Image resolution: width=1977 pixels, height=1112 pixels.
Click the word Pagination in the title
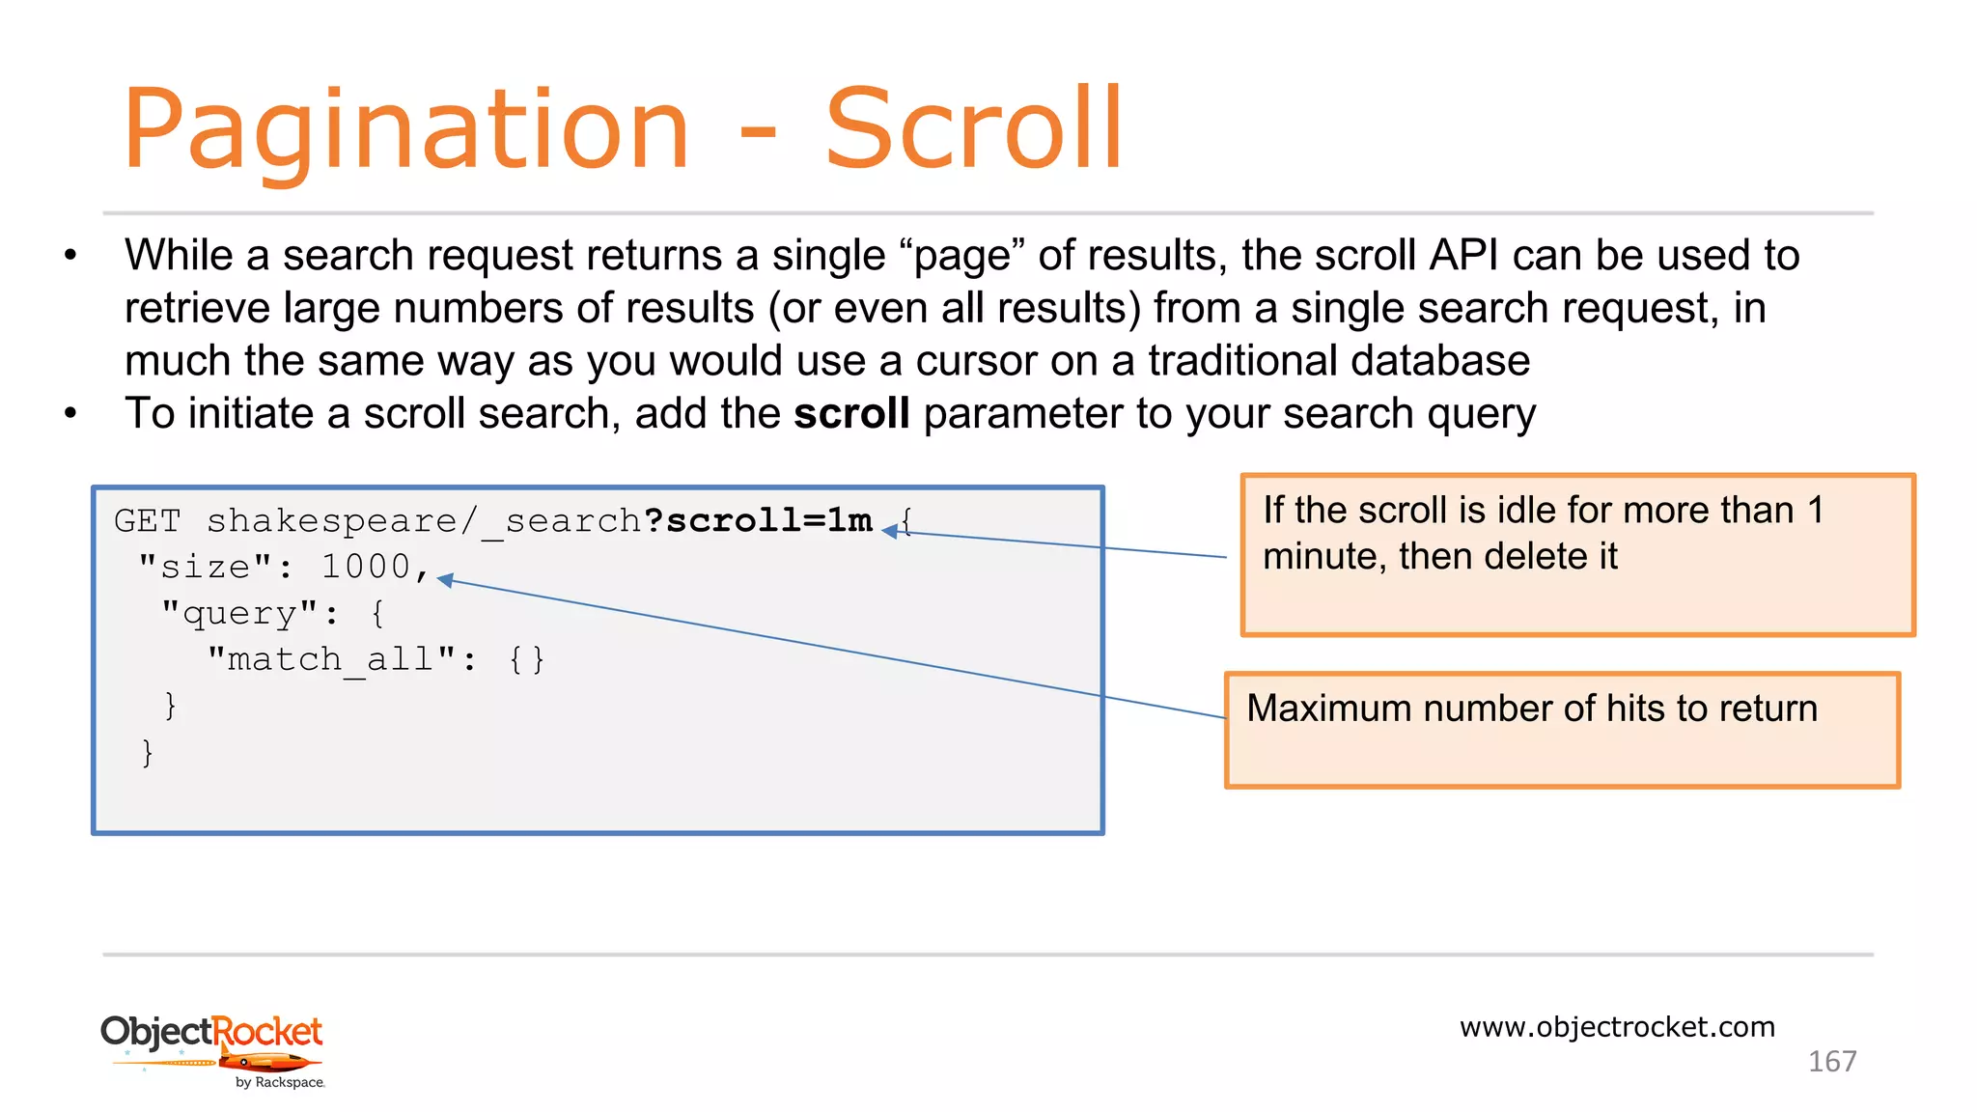[405, 130]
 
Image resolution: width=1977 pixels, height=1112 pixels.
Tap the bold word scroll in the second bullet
[851, 414]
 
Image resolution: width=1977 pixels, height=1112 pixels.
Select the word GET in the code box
[148, 521]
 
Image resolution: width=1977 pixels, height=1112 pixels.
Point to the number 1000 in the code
[366, 567]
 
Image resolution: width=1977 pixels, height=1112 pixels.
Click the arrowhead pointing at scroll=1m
[890, 530]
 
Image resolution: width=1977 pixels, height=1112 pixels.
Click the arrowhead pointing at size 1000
[445, 579]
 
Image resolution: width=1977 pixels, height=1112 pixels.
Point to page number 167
[1831, 1062]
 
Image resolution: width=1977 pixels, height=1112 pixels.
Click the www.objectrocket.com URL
[1617, 1027]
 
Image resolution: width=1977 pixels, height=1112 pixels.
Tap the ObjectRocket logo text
[211, 1032]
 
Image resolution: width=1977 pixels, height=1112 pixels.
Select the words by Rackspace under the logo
[280, 1083]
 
